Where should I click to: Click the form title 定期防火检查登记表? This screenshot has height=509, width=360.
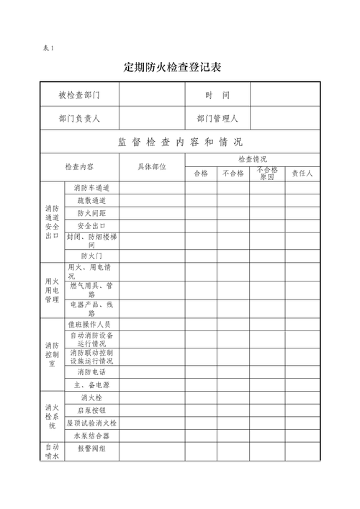click(x=172, y=68)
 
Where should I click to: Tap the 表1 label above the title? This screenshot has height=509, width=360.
click(x=48, y=48)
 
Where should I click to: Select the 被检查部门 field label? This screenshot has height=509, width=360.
click(x=79, y=95)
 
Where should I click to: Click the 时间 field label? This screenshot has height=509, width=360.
click(x=217, y=95)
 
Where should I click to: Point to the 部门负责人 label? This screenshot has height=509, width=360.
click(x=79, y=118)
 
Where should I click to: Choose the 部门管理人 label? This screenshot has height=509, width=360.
click(x=217, y=118)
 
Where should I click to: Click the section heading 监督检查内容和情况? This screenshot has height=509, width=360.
click(x=180, y=141)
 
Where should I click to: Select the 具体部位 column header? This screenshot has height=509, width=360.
click(x=152, y=166)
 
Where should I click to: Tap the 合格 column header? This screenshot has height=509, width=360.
click(x=201, y=174)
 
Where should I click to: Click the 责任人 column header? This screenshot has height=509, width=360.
click(x=302, y=174)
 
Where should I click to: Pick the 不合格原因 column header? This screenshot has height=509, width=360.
click(x=267, y=174)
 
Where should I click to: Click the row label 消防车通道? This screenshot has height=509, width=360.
click(x=91, y=187)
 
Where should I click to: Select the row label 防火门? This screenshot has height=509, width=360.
click(x=91, y=255)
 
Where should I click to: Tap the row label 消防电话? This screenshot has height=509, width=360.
click(x=91, y=371)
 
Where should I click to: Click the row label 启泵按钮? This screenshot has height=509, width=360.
click(x=91, y=410)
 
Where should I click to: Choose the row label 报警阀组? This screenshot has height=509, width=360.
click(x=91, y=449)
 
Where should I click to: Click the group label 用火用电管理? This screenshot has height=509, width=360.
click(x=52, y=290)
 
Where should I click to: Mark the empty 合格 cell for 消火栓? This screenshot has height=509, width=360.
click(x=201, y=397)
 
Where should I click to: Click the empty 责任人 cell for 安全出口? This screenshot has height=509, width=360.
click(x=302, y=226)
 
